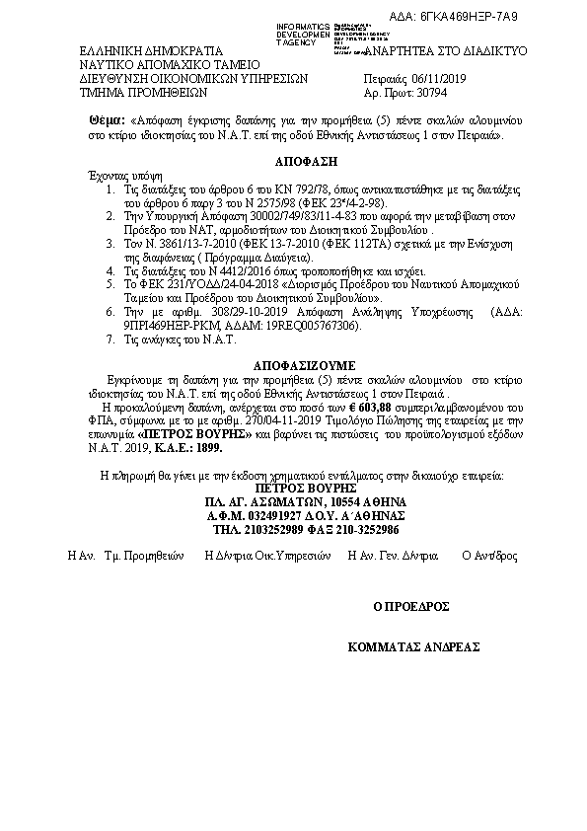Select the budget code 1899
210,446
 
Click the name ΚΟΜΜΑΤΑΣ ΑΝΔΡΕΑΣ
413,647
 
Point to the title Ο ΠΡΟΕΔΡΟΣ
410,606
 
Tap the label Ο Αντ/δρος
489,557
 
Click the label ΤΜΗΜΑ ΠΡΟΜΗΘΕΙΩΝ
143,95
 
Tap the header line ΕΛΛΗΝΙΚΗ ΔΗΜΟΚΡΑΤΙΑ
151,49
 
